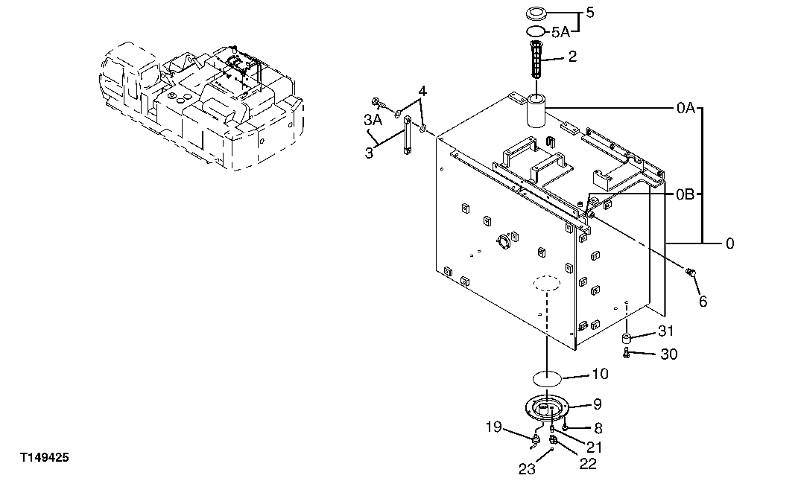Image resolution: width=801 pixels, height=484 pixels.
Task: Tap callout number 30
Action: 668,354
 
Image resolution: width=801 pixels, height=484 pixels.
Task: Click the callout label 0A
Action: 686,109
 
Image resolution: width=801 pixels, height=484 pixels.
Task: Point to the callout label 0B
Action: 686,195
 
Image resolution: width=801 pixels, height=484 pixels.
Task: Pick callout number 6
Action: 703,301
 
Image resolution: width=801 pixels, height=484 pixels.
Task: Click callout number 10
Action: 600,374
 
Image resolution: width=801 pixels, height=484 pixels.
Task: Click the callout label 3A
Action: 373,119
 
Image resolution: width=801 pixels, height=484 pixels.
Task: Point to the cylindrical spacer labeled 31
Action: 627,340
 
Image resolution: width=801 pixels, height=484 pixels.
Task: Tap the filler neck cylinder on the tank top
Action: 537,111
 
